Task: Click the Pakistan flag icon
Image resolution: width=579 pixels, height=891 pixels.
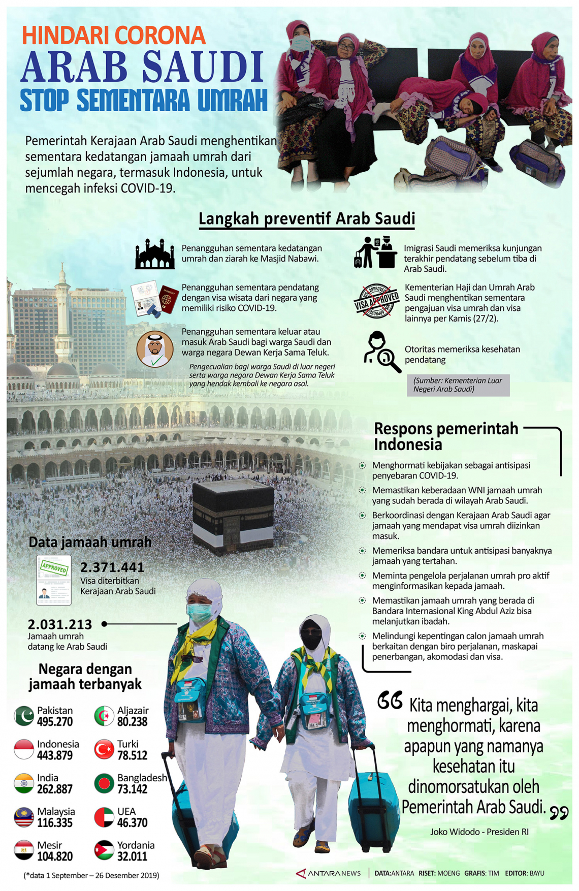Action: pyautogui.click(x=24, y=716)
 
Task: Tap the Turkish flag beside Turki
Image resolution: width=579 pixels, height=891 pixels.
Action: pyautogui.click(x=104, y=749)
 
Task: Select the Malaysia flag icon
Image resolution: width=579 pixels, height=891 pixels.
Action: pyautogui.click(x=24, y=817)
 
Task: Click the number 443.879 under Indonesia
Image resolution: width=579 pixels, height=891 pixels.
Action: pyautogui.click(x=55, y=755)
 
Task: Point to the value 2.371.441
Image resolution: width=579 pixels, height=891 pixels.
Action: pyautogui.click(x=112, y=567)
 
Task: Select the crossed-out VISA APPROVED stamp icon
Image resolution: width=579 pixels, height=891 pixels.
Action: pyautogui.click(x=376, y=301)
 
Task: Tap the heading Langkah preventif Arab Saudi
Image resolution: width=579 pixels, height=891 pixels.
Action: pyautogui.click(x=307, y=218)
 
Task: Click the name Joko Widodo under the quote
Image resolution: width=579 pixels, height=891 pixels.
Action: pyautogui.click(x=455, y=832)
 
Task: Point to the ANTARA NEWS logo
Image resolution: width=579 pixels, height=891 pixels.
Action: pyautogui.click(x=329, y=873)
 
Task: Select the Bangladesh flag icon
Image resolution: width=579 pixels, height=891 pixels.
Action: pyautogui.click(x=104, y=783)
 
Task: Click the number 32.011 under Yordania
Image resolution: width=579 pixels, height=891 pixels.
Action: pyautogui.click(x=132, y=856)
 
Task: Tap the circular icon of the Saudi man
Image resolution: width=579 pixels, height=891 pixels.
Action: pyautogui.click(x=155, y=349)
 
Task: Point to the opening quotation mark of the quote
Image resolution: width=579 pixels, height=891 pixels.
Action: pyautogui.click(x=390, y=701)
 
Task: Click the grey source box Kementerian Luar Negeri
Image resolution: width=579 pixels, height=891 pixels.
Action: pyautogui.click(x=458, y=385)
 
